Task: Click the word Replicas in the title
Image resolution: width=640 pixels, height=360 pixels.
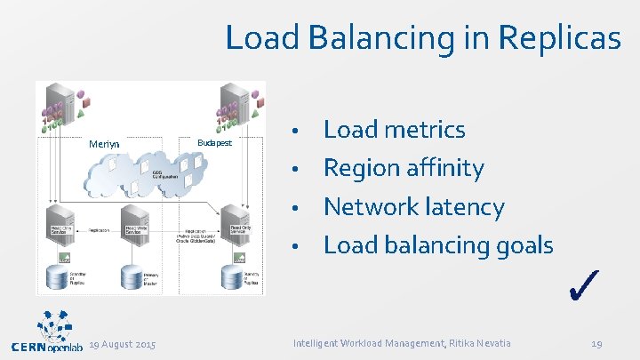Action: click(560, 37)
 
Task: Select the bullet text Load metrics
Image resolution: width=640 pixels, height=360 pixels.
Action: click(394, 130)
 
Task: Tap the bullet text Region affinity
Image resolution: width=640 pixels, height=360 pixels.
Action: click(404, 168)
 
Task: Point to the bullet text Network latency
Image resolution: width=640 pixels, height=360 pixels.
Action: click(413, 207)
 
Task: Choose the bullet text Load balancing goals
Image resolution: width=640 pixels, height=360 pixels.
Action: click(437, 244)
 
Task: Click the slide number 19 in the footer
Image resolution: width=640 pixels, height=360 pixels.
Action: click(597, 343)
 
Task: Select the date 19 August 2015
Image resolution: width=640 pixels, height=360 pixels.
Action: click(123, 343)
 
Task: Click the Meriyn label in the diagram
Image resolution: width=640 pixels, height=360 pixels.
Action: click(104, 144)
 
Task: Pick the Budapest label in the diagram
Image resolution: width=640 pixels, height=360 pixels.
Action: click(214, 142)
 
